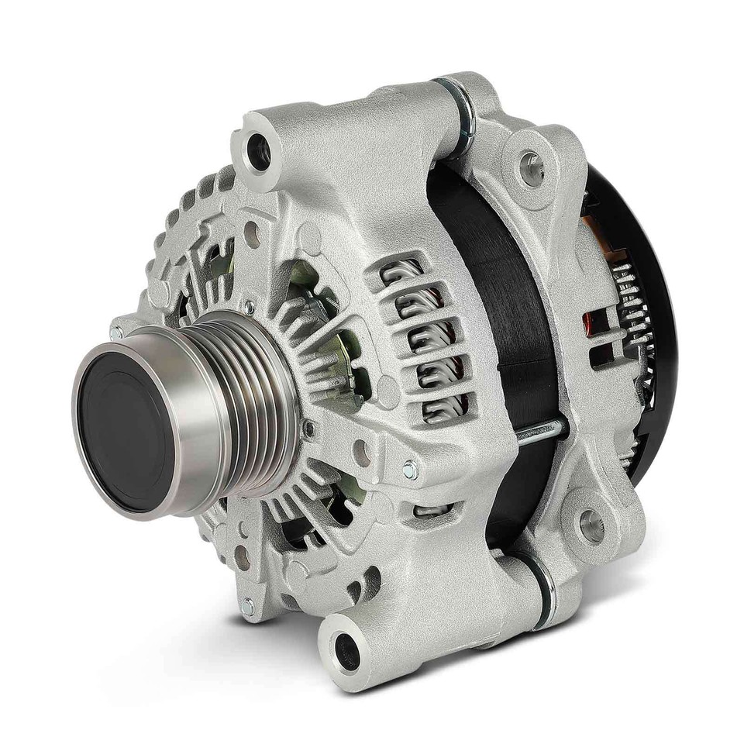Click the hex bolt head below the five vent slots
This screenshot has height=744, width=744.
pyautogui.click(x=410, y=469)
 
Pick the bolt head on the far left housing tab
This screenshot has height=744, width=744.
pyautogui.click(x=116, y=332)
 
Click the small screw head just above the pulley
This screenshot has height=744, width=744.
pyautogui.click(x=249, y=308)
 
